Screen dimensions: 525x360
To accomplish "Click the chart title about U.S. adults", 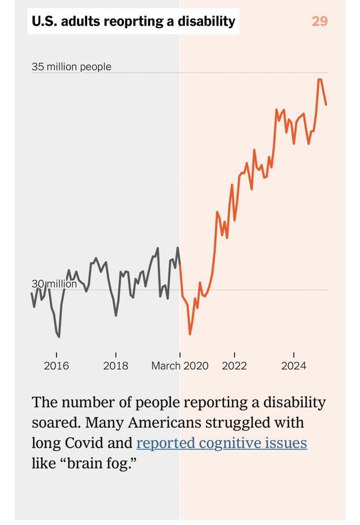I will [133, 22].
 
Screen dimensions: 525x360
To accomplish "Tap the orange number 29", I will [320, 22].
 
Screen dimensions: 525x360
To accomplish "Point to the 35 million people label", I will [71, 67].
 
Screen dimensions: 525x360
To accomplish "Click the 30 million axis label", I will [54, 284].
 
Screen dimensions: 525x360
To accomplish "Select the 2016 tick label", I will [56, 366].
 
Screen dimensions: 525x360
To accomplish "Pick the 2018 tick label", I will [115, 366].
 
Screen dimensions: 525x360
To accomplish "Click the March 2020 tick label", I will [179, 366].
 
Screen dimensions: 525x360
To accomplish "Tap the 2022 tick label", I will [234, 366].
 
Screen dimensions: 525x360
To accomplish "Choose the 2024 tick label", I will [293, 366].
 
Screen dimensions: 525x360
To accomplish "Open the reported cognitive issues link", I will [221, 443].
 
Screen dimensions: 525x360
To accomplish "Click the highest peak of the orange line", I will [319, 79].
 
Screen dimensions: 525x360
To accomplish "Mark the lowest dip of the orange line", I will [190, 334].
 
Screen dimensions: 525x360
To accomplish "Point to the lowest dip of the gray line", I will [59, 337].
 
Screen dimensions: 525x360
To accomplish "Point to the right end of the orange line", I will [326, 104].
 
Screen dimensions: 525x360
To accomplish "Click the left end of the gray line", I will [31, 292].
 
